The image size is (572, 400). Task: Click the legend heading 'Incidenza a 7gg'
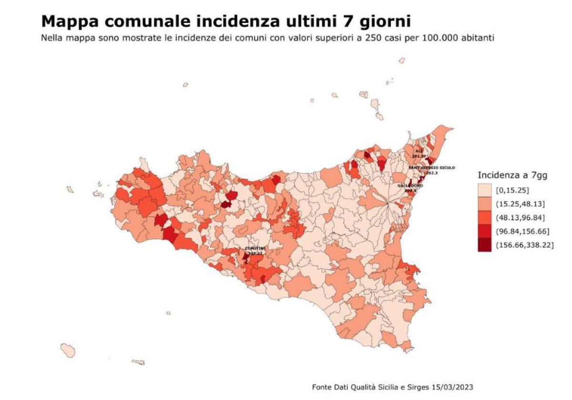pos(512,175)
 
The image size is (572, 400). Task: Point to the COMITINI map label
pos(255,248)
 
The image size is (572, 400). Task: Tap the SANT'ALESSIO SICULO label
pos(432,168)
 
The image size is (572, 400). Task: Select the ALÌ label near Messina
pos(419,151)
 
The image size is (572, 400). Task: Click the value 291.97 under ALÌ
pos(419,156)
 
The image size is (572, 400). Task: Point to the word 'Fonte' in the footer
pos(322,386)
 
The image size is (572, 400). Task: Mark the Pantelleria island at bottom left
pos(68,350)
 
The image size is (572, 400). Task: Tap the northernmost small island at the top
pos(402,61)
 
